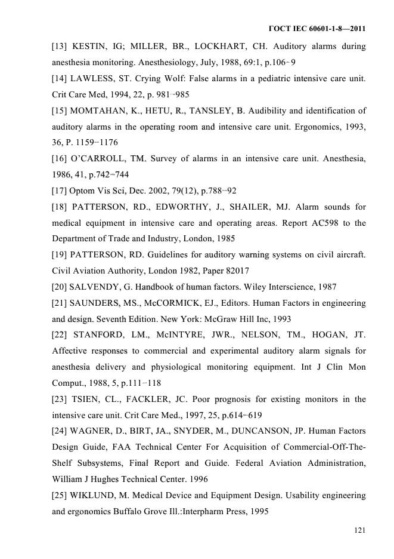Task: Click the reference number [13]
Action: (60, 47)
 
